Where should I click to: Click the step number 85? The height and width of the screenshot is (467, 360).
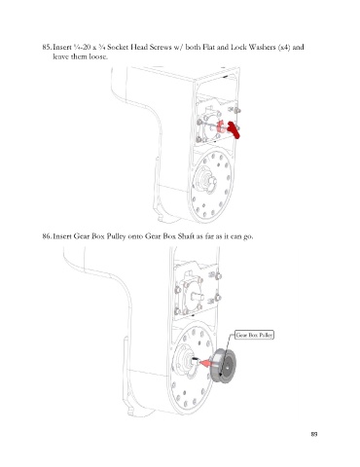[47, 47]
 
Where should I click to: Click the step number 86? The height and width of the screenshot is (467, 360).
[47, 236]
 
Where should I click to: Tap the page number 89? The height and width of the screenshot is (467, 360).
[314, 434]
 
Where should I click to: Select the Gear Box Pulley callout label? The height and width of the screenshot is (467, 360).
[255, 335]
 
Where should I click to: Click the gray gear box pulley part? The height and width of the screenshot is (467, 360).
[223, 366]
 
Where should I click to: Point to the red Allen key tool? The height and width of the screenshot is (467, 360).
[234, 129]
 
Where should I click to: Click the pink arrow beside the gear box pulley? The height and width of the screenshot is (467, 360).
[205, 363]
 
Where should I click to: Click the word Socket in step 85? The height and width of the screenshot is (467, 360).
[119, 47]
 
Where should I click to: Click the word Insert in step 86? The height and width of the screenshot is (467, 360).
[62, 236]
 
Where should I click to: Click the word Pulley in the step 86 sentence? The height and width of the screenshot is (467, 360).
[115, 236]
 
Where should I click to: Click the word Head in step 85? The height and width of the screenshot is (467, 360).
[138, 47]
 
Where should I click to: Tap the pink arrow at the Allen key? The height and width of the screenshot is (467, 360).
[221, 126]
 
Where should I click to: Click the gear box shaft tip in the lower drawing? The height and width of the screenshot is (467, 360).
[195, 359]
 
